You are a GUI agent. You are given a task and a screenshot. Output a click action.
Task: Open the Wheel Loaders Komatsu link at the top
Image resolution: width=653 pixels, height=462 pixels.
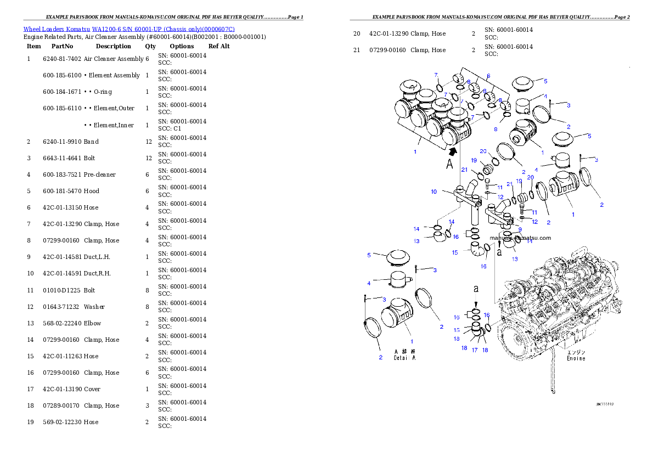point(129,29)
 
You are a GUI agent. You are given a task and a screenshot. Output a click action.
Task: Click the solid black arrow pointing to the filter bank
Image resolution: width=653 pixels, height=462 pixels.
point(453,152)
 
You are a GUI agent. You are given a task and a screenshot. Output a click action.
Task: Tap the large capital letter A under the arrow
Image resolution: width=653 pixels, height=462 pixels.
point(450,165)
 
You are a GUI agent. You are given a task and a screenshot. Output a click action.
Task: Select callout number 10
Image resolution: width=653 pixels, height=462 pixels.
point(434,192)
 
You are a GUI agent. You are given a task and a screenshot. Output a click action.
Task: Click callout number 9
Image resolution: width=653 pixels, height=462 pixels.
point(520,229)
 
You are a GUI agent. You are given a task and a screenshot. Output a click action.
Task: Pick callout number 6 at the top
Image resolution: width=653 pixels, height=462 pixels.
point(488,76)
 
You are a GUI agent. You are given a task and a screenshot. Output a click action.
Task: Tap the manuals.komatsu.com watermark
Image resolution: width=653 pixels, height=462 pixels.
point(521,238)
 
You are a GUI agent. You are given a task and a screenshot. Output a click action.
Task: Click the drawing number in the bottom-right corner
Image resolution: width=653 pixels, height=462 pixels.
point(605,404)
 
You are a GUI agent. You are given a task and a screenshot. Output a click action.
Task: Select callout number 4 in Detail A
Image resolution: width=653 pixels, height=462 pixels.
point(369,283)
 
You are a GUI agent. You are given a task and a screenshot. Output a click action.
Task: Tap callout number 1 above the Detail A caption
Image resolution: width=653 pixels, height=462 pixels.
point(412,341)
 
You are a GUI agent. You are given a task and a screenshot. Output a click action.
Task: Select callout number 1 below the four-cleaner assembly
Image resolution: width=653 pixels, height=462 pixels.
point(415,151)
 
